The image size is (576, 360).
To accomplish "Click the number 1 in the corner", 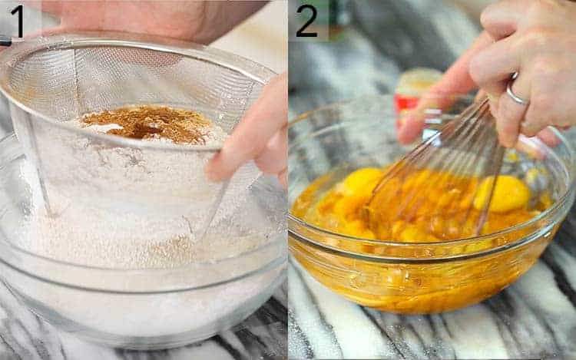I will pos(17,21).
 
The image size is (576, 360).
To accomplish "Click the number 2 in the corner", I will pos(306,21).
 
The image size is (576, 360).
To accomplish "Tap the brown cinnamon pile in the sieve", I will pos(146,123).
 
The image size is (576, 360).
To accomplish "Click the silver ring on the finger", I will pos(516,95).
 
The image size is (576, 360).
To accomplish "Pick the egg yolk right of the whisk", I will pos(504,194).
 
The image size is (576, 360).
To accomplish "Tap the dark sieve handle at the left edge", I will pos(5,41).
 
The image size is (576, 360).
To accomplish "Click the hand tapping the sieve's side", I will pos(253,138).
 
